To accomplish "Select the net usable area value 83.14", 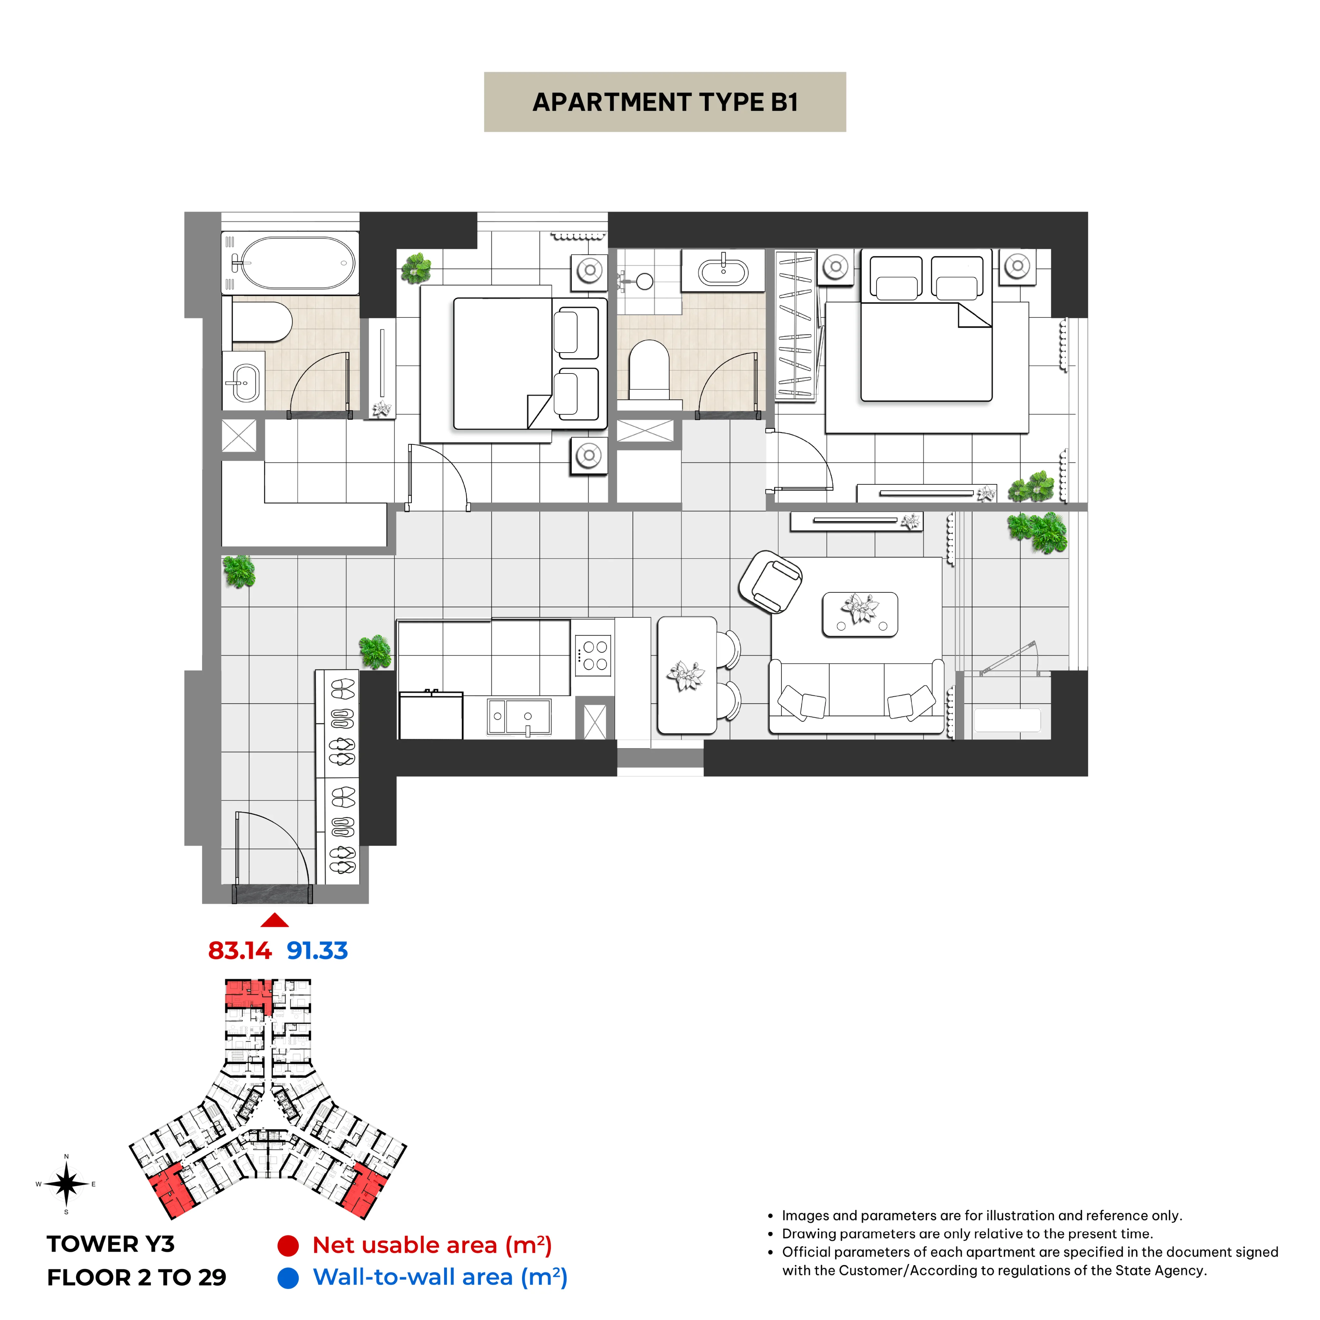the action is point(240,950).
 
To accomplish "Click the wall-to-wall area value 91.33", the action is point(317,950).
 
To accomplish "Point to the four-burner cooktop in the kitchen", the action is point(593,655).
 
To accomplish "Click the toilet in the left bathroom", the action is point(262,322).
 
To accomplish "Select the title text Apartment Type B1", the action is point(665,102).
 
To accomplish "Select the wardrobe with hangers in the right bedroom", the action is point(795,325).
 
